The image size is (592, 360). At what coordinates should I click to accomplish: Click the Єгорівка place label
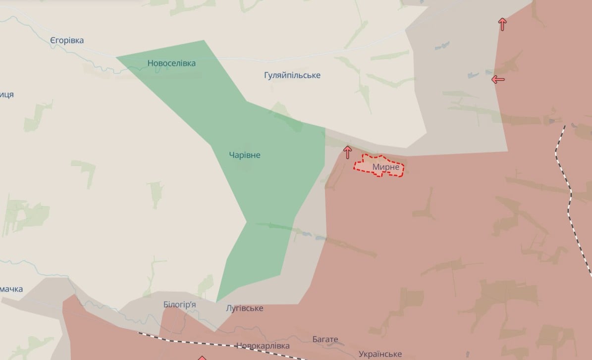67,41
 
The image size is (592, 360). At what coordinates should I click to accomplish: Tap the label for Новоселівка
171,63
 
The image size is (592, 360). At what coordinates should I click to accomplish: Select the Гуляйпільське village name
292,75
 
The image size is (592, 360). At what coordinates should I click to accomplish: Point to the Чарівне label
245,155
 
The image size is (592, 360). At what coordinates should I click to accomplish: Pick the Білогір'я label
179,305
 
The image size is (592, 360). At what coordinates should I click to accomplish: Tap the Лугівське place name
244,309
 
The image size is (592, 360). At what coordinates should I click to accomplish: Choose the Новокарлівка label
263,346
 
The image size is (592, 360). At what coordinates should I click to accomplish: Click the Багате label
325,340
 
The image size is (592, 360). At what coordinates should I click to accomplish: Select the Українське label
380,354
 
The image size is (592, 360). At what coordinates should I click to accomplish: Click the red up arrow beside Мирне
347,152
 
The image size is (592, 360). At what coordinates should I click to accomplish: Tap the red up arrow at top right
503,24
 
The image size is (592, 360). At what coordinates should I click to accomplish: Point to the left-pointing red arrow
498,79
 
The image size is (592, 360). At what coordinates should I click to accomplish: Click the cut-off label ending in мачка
11,289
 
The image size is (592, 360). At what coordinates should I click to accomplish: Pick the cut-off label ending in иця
6,95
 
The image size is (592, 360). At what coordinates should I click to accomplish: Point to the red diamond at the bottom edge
202,358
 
